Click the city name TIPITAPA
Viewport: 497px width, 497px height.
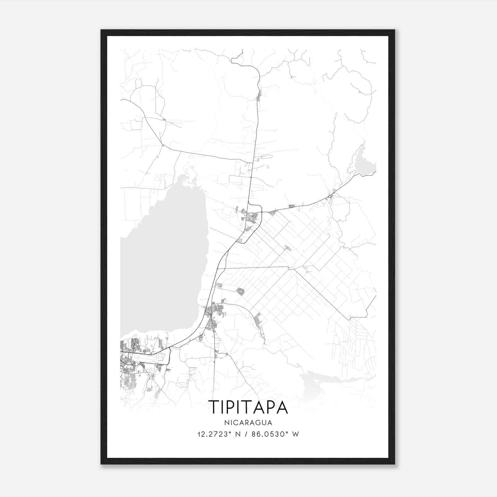(248, 407)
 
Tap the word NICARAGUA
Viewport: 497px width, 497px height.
(248, 422)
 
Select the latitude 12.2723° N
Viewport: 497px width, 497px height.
(219, 434)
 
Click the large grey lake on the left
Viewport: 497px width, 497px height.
(162, 264)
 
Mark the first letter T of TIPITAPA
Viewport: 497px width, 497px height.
(214, 407)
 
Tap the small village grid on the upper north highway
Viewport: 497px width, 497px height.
(259, 96)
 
